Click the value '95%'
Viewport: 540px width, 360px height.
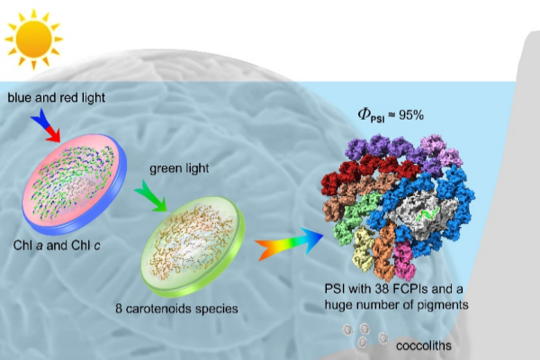tap(413, 117)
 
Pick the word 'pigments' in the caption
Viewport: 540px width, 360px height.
tap(438, 306)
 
